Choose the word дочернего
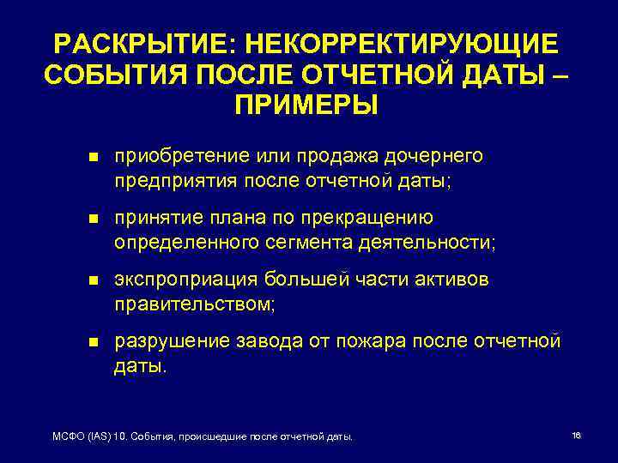tap(435, 157)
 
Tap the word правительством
tap(193, 304)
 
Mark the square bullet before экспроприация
tap(94, 281)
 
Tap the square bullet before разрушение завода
tap(94, 342)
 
